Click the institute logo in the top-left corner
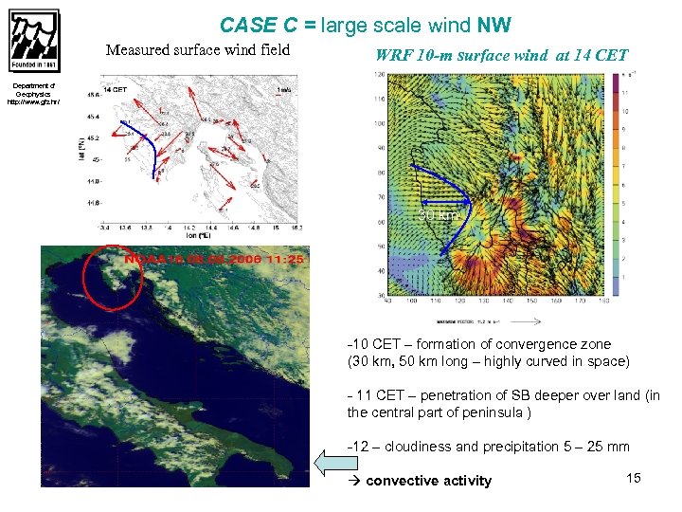[x=34, y=41]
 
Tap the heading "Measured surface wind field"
[x=197, y=50]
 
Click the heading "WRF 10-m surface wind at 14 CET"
[x=501, y=55]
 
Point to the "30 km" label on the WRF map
[x=439, y=215]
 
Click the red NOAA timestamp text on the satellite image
[x=214, y=258]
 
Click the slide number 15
[x=634, y=478]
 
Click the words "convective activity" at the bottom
[x=428, y=481]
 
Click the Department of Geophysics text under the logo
[x=33, y=94]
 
